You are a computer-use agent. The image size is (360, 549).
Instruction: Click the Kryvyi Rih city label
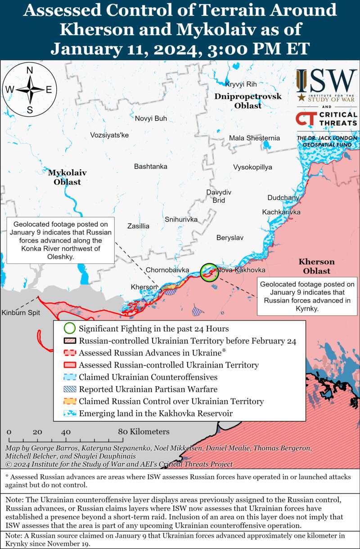241,84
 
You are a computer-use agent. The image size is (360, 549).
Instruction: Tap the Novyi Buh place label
151,118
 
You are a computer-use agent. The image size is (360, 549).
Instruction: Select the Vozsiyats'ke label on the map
109,135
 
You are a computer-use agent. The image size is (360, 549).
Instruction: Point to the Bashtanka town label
151,167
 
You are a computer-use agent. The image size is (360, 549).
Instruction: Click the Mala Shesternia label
254,138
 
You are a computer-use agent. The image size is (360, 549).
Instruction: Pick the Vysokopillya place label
252,168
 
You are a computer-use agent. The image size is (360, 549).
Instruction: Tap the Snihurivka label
181,219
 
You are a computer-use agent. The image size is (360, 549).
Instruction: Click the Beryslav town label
229,237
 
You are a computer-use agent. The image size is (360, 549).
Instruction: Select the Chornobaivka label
167,270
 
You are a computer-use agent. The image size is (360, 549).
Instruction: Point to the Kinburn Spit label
20,313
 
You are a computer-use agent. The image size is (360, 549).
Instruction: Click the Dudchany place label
283,198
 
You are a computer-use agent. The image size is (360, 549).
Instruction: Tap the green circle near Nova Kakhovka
208,272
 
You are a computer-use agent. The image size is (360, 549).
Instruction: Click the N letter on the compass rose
30,70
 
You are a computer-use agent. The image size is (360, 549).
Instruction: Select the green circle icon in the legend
69,329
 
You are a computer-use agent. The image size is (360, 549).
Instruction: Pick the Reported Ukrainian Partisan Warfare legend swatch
69,389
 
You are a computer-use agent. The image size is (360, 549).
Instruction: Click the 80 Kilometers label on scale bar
144,432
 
